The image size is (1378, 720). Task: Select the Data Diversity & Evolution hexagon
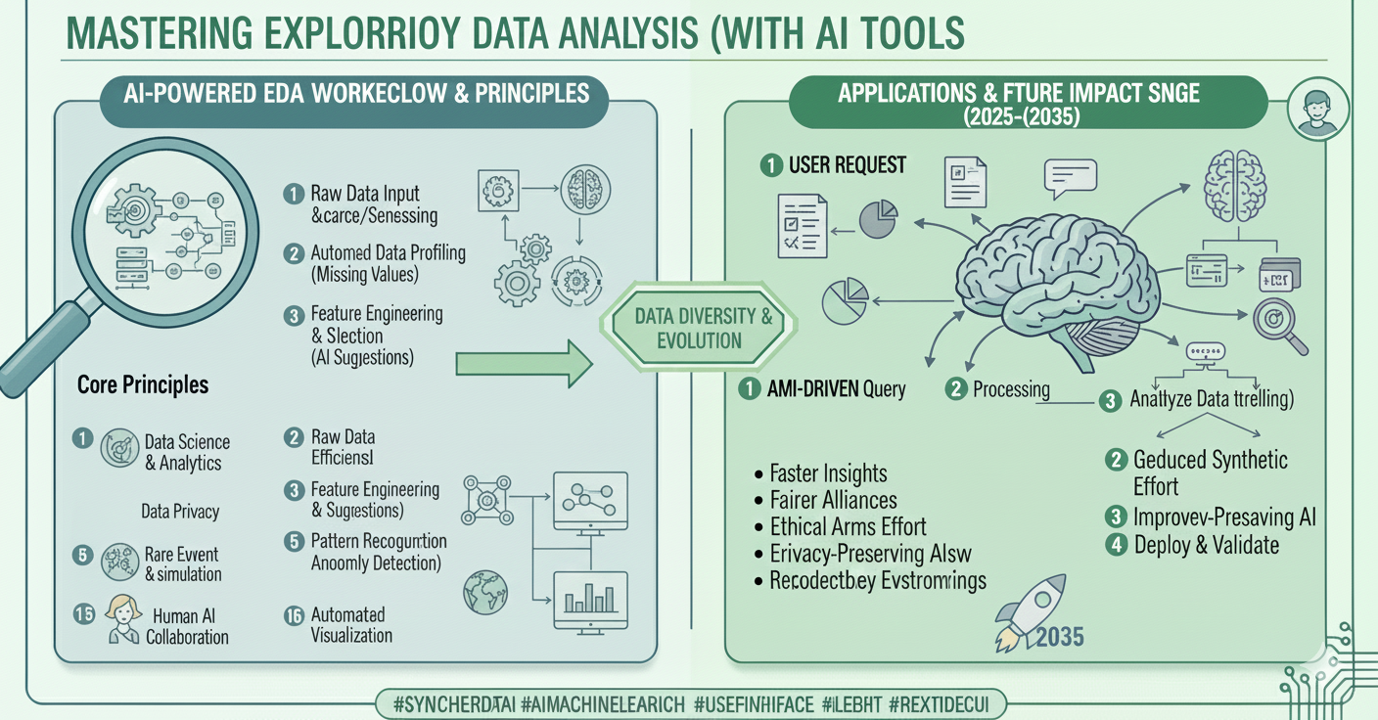pyautogui.click(x=689, y=328)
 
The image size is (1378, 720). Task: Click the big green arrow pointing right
pyautogui.click(x=525, y=365)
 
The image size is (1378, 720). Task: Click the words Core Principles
pyautogui.click(x=143, y=384)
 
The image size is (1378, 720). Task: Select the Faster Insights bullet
pyautogui.click(x=828, y=473)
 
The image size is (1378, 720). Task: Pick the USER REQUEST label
pyautogui.click(x=847, y=164)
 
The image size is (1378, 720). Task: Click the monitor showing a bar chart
pyautogui.click(x=589, y=597)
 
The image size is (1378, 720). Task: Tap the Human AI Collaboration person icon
pyautogui.click(x=122, y=618)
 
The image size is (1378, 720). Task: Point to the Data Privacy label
pyautogui.click(x=180, y=511)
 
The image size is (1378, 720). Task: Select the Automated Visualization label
pyautogui.click(x=350, y=625)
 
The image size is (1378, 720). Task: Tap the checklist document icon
pyautogui.click(x=802, y=223)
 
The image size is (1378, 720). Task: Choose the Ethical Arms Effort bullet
pyautogui.click(x=848, y=527)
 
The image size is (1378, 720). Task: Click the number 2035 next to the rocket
pyautogui.click(x=1059, y=637)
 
